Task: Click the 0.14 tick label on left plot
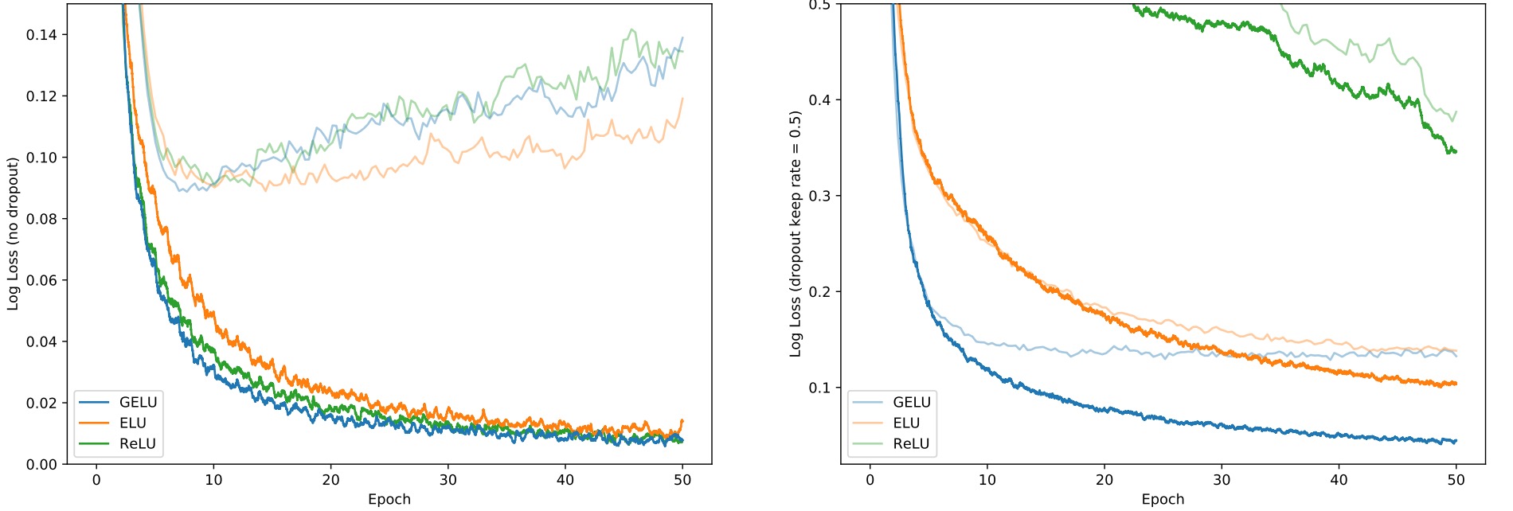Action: (41, 35)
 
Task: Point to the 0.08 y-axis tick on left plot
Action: (41, 219)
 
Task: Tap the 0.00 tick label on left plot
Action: (41, 464)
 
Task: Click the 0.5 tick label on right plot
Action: (819, 6)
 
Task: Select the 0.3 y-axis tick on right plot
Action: (819, 196)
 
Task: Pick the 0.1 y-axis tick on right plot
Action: (819, 388)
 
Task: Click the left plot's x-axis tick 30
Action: (448, 480)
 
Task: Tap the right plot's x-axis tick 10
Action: (987, 480)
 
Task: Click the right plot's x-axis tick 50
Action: (1456, 480)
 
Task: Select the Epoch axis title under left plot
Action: (389, 499)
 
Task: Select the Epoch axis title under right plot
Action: (1163, 499)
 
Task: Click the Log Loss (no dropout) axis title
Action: (13, 234)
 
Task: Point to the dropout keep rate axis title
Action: (795, 234)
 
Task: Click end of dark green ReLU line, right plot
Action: (1456, 151)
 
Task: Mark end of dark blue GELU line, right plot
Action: (1456, 441)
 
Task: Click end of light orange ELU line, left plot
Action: (682, 99)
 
